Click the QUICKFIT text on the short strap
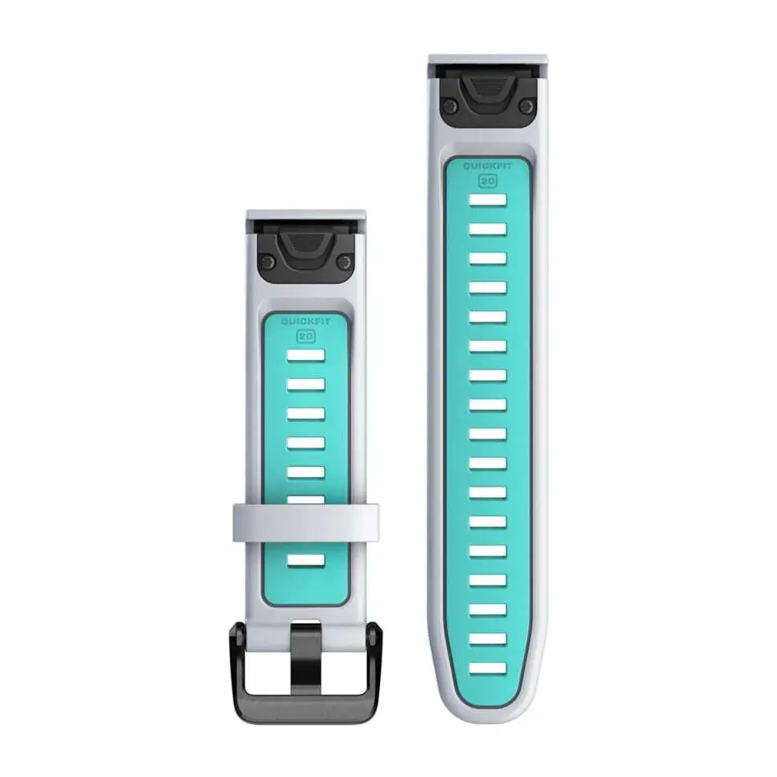click(305, 322)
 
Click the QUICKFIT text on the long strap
click(488, 167)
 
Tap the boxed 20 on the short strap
click(305, 336)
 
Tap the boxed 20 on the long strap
click(488, 181)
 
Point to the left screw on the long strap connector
click(450, 105)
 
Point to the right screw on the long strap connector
click(526, 105)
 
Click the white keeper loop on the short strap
click(305, 521)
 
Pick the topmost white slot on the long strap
click(488, 199)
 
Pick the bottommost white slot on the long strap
click(488, 668)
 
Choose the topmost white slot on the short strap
click(305, 355)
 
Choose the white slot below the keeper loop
click(305, 560)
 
